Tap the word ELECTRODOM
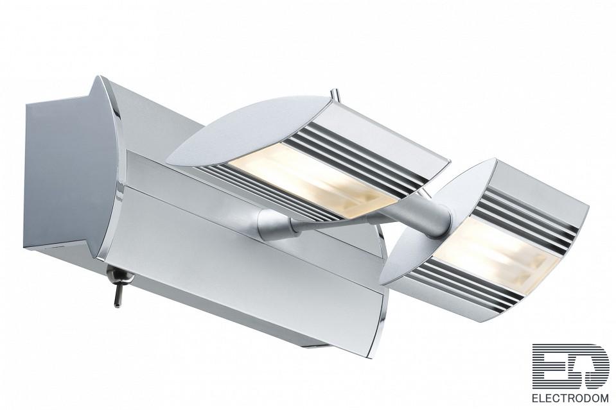570,398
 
